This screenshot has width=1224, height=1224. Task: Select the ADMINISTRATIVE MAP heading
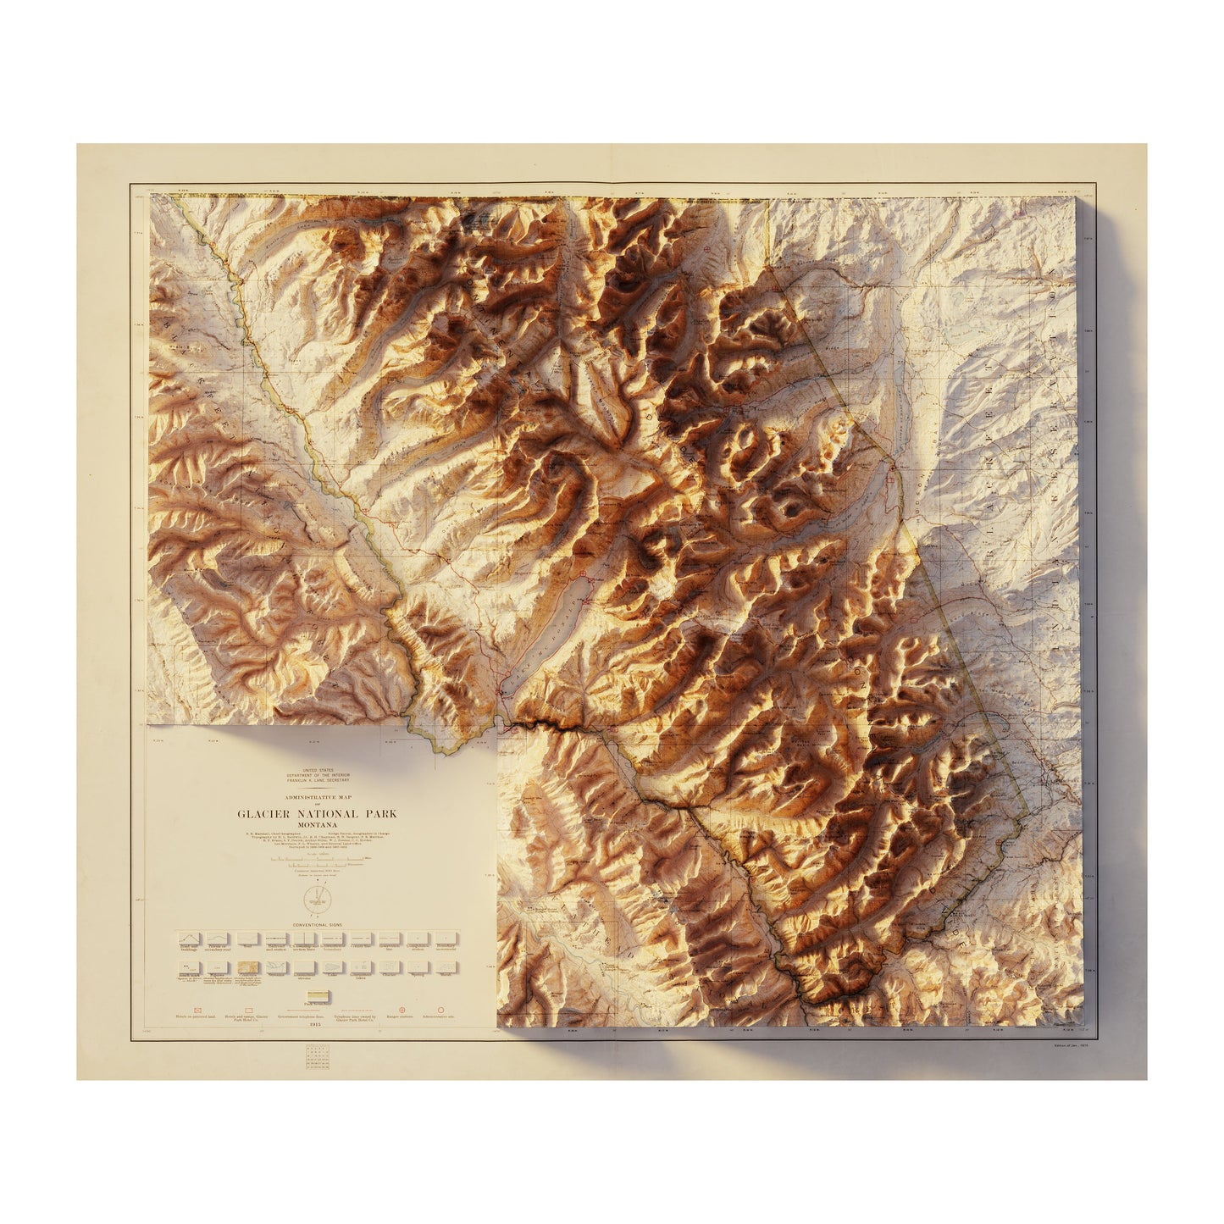316,797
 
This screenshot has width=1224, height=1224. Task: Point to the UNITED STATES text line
316,770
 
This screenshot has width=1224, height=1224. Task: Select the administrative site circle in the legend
442,1011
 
